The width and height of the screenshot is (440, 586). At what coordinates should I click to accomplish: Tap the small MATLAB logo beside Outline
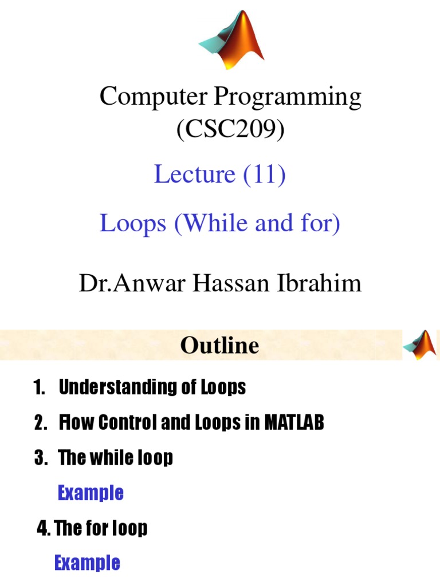(x=419, y=345)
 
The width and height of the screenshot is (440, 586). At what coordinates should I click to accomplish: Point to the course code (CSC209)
(x=230, y=130)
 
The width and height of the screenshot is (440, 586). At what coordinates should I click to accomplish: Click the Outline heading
(x=219, y=346)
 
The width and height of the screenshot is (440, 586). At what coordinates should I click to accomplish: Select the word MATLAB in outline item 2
(x=294, y=423)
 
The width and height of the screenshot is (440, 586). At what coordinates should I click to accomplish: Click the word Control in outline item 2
(x=125, y=423)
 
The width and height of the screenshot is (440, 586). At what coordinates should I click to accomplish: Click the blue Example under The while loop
(x=91, y=493)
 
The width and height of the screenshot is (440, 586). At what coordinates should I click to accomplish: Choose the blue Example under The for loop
(x=87, y=563)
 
